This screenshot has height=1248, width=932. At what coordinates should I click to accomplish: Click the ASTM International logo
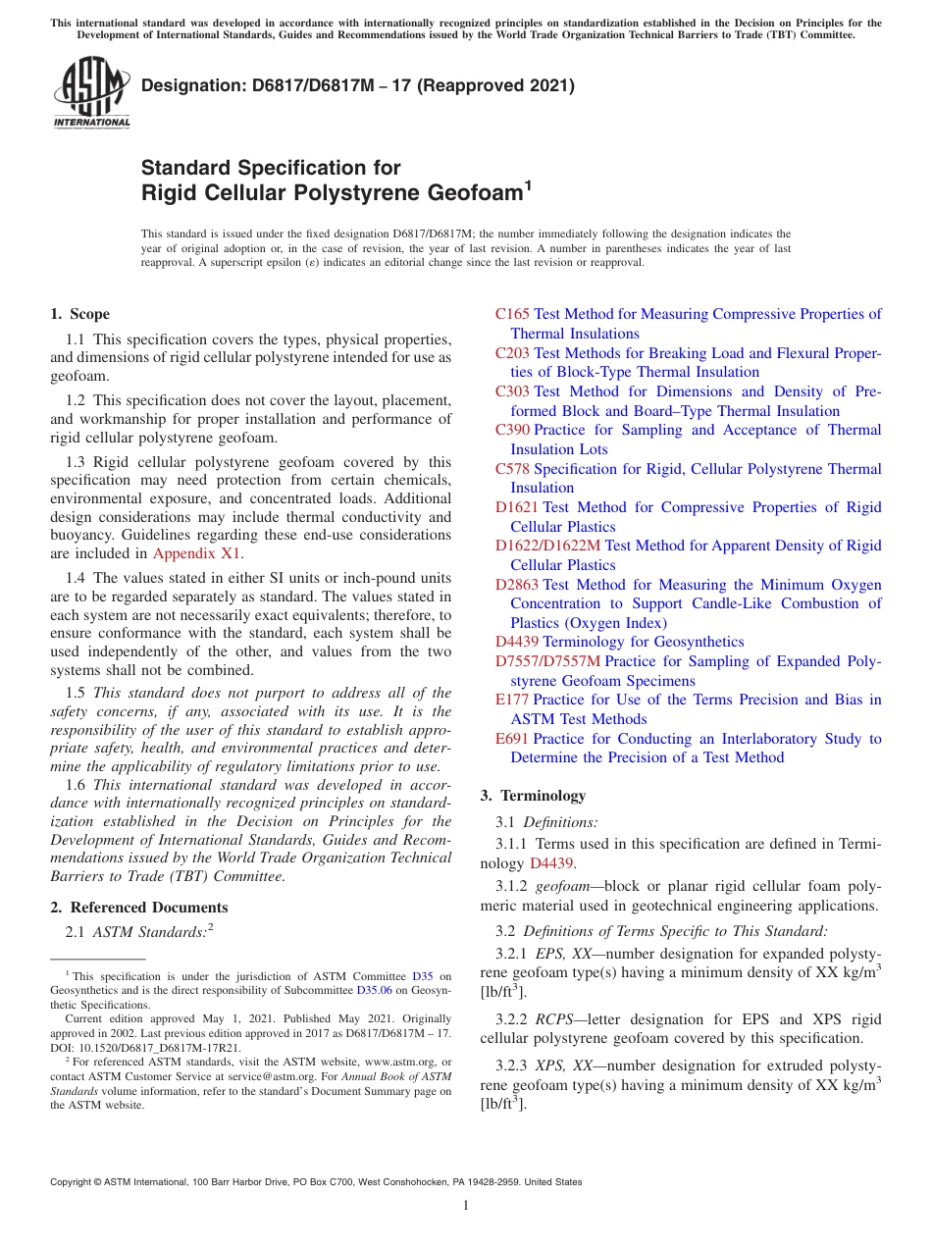[91, 92]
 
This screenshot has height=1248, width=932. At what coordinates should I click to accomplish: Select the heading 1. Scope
[80, 314]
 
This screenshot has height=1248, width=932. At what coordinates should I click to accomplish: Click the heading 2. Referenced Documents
[138, 908]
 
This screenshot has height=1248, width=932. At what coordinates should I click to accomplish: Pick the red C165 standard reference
[512, 314]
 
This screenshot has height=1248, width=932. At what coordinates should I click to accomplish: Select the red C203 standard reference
[512, 353]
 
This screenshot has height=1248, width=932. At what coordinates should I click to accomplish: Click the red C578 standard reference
[512, 469]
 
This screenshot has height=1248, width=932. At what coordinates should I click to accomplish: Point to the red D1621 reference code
[517, 507]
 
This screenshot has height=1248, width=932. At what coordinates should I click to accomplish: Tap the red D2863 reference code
[517, 585]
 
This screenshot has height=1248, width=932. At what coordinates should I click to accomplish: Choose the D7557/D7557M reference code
[547, 661]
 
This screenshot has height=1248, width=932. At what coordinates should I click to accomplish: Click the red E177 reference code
[512, 700]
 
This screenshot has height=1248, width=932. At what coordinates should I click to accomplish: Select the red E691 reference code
[512, 739]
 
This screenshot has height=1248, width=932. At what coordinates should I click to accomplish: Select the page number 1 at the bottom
[466, 1205]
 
